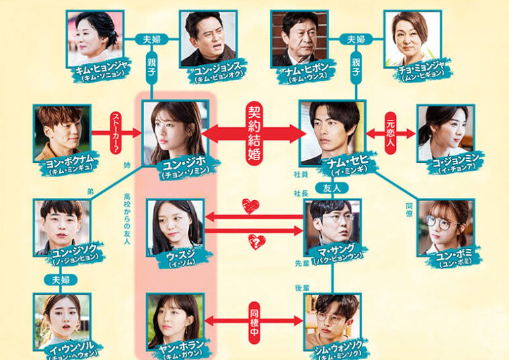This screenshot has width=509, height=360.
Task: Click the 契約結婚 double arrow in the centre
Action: coord(254,133)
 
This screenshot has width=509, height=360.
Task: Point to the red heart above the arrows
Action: coord(250,206)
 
